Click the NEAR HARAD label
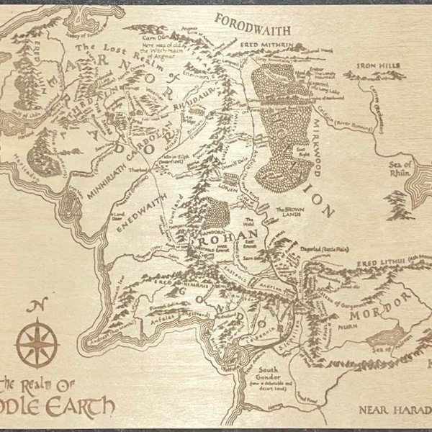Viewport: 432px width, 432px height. (393, 410)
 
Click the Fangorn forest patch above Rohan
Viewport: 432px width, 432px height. (217, 212)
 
